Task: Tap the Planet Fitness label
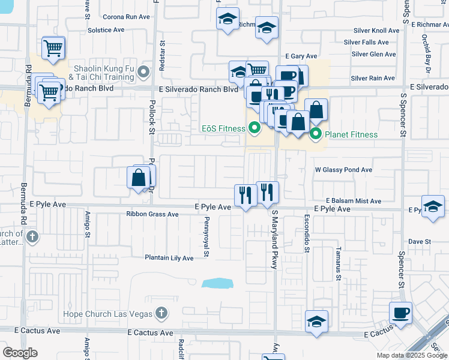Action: (352, 134)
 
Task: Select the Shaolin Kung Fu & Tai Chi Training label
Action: (101, 73)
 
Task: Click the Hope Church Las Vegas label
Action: (109, 314)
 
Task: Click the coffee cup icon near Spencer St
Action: (400, 312)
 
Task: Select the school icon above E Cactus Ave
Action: (316, 320)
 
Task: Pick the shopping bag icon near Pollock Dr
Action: (139, 177)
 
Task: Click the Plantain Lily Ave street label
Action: (169, 258)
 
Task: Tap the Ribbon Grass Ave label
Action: (152, 214)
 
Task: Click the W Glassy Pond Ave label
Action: (344, 170)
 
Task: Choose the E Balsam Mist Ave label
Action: (354, 201)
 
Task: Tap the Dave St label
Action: (420, 241)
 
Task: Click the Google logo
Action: (20, 353)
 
